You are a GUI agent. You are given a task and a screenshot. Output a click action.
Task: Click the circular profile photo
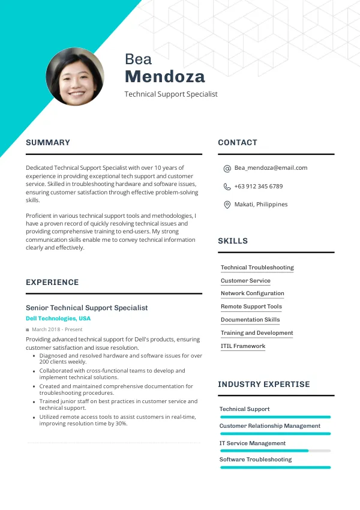coord(75,77)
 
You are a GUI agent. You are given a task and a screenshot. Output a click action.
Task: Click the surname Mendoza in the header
coord(165,77)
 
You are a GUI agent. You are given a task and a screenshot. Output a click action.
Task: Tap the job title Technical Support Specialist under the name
coord(171,94)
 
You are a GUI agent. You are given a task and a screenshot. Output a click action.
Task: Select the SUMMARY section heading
coord(48,143)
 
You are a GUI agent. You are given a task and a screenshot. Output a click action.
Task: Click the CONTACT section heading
coord(238,143)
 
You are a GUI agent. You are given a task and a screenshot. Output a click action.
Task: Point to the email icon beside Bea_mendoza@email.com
coord(227,169)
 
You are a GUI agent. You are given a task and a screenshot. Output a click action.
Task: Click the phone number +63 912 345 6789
coord(259,186)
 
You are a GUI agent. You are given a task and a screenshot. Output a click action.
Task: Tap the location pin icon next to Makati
coord(227,205)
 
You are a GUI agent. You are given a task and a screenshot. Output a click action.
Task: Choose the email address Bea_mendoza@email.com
coord(271,168)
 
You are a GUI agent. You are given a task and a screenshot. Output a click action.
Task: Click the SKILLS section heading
coord(233,241)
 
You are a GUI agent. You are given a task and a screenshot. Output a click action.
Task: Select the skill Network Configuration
coord(253,293)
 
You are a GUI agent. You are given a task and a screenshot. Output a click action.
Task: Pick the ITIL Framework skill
coord(243,346)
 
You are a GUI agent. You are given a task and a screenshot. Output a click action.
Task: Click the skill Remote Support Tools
coord(251,307)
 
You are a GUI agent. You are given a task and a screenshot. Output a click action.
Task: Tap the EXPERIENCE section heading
coord(52,283)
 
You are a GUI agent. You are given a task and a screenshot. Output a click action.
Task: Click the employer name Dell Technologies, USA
coord(58,319)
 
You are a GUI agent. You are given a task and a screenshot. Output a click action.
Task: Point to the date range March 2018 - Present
coord(57,329)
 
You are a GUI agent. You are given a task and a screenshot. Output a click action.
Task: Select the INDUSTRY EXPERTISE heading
coord(264,385)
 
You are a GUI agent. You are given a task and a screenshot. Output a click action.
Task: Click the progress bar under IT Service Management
coord(275,451)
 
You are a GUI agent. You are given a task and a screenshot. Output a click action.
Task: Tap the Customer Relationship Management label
coord(270,426)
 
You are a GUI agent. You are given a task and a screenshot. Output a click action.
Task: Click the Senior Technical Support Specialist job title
coord(86,308)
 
